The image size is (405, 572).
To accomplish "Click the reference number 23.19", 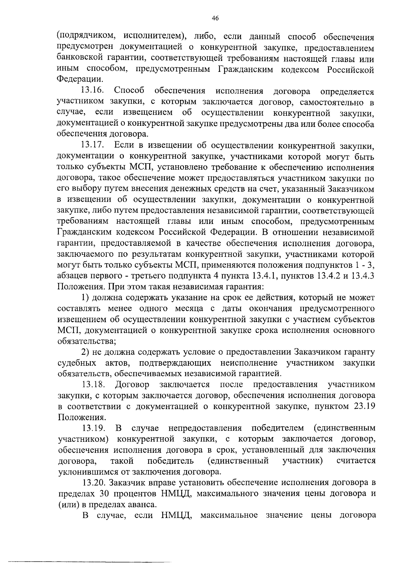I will pyautogui.click(x=363, y=406).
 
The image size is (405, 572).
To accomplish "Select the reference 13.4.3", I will pyautogui.click(x=363, y=276).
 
